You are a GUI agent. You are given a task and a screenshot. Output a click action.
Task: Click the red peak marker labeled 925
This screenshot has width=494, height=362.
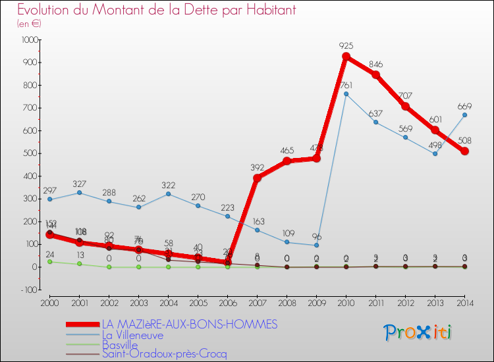[346, 57]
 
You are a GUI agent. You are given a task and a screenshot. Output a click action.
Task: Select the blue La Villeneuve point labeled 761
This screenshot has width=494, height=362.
[346, 93]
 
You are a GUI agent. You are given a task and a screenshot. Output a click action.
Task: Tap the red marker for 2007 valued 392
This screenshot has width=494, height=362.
[257, 178]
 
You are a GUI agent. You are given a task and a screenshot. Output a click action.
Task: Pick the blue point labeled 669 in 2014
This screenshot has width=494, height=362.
[464, 115]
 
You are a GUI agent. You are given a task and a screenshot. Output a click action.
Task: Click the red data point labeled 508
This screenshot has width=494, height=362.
[464, 151]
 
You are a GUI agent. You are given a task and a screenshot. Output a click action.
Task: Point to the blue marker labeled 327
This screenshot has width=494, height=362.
[79, 192]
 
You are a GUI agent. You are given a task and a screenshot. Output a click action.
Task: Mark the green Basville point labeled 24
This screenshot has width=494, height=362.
[49, 261]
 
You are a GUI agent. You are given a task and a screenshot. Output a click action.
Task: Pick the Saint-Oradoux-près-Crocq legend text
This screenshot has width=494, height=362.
[164, 354]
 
